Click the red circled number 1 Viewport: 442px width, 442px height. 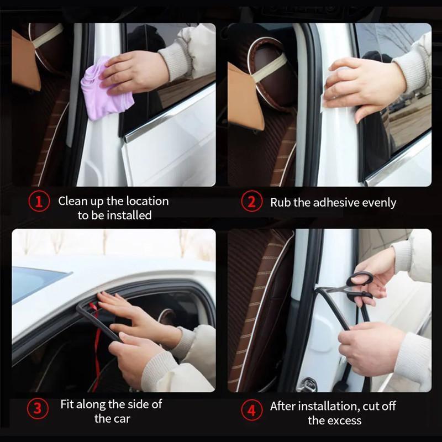coord(38,201)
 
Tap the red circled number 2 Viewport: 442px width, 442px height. coord(251,202)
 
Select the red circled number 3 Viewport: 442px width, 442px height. coord(37,409)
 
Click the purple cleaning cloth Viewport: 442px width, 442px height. coord(105,91)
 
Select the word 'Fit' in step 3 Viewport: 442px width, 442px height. coord(68,404)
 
